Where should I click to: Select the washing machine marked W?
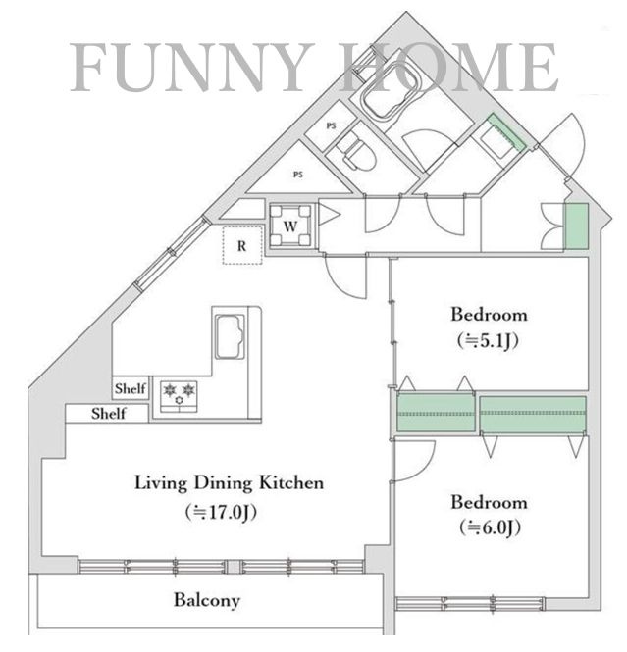[x=290, y=226]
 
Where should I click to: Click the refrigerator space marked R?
[x=242, y=246]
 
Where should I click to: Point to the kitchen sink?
[x=230, y=336]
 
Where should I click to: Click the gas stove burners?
[x=179, y=396]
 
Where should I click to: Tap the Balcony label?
[x=207, y=600]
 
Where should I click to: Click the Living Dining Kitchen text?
[x=230, y=482]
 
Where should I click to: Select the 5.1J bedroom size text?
[x=488, y=341]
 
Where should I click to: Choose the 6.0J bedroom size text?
[x=490, y=528]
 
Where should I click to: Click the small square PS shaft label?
[x=332, y=125]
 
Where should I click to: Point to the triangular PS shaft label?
[x=298, y=175]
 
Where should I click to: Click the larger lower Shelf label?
[x=109, y=414]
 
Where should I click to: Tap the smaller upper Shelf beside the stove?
[x=131, y=388]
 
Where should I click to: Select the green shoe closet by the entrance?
[x=576, y=226]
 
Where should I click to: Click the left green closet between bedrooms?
[x=436, y=413]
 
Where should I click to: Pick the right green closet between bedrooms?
[x=533, y=414]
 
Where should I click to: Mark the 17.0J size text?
[x=221, y=512]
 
